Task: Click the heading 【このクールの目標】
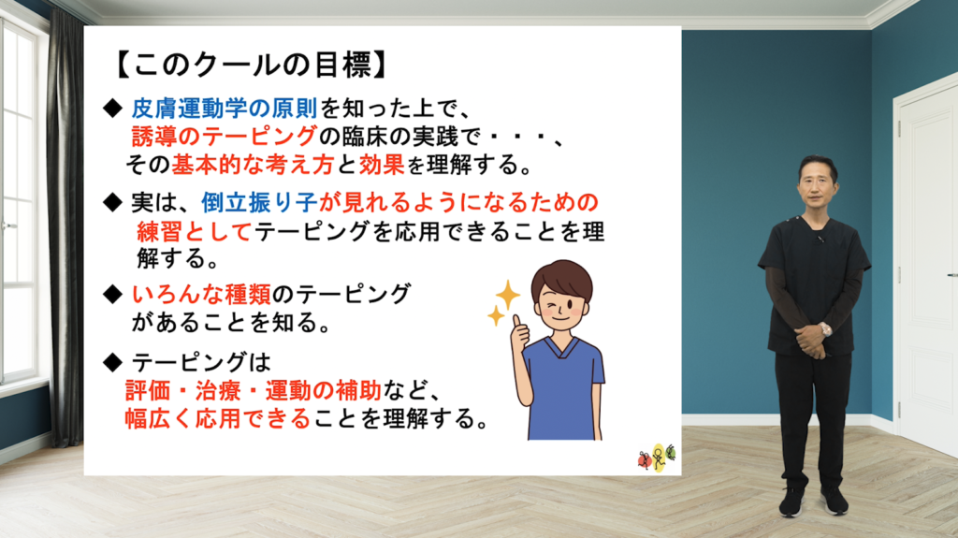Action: pos(252,65)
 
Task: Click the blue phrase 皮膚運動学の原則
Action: pos(225,109)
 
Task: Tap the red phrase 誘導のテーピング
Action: pos(225,136)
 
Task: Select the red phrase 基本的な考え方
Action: pos(253,164)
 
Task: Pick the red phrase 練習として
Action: pos(195,231)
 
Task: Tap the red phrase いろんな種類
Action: pos(202,294)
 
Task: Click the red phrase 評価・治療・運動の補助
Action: pos(254,390)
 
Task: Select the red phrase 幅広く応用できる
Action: pos(218,418)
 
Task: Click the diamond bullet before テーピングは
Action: pos(113,363)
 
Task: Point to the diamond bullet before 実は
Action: pos(113,202)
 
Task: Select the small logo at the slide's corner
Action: pos(657,457)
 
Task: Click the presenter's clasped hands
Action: pos(813,341)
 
